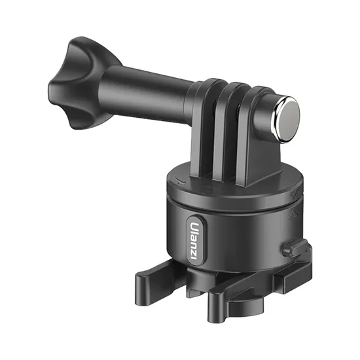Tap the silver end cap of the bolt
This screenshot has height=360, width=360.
288,119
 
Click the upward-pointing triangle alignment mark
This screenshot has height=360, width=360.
293,213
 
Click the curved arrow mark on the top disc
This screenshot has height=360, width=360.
180,181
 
